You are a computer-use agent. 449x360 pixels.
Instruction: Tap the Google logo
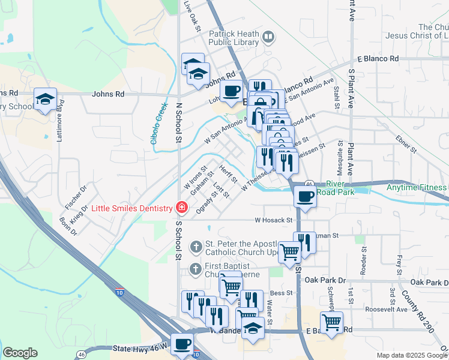pos(20,353)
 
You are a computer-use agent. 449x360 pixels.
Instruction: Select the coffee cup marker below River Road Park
pos(306,197)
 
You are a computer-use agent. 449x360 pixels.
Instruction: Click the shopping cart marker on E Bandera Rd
pos(332,322)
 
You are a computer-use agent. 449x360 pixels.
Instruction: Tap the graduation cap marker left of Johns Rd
pos(46,99)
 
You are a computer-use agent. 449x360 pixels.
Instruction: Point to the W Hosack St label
pos(273,220)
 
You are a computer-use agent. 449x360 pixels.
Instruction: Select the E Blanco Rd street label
pos(378,59)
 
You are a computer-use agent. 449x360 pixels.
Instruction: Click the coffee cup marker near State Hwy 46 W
pos(182,344)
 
